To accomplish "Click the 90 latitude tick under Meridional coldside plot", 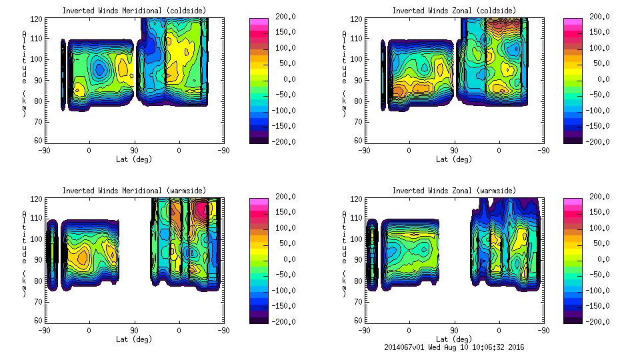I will [134, 151].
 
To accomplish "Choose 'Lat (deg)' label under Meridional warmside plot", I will [133, 339].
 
